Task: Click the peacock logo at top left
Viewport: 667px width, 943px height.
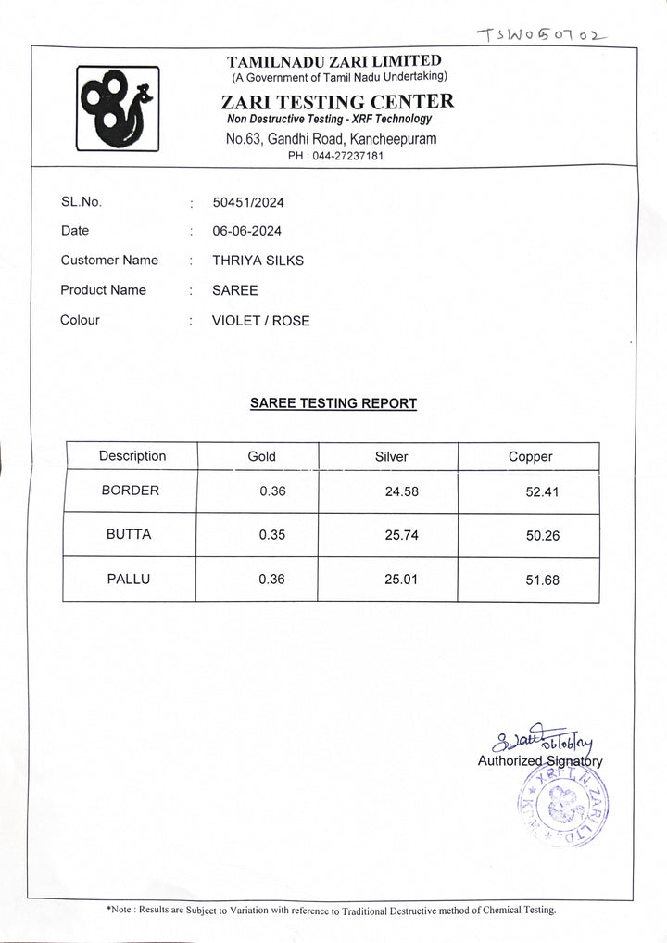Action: coord(118,108)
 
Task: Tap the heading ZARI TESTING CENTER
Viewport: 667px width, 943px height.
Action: coord(337,102)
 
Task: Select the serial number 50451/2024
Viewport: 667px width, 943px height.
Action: coord(248,202)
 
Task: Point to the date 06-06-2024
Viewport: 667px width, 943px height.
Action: coord(247,231)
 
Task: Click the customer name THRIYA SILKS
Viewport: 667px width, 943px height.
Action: coord(258,261)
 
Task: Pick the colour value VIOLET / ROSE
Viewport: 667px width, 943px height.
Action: coord(261,321)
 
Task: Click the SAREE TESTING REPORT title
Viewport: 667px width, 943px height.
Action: coord(333,403)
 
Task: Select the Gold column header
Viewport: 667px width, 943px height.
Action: coord(261,456)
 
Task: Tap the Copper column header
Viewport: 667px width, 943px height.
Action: coord(530,457)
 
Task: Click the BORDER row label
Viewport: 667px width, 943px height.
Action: coord(131,491)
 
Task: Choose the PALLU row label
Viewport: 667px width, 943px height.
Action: coord(129,580)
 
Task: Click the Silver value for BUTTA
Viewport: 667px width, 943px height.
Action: coord(401,535)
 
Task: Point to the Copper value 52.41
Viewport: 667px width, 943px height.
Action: coord(542,491)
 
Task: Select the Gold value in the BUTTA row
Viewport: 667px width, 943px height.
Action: coord(272,535)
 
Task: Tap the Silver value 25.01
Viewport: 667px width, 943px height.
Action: coord(401,580)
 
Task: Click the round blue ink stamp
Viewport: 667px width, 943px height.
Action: coord(561,804)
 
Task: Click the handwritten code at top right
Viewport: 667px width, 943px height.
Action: coord(541,35)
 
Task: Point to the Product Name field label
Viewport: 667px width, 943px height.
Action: coord(103,290)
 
